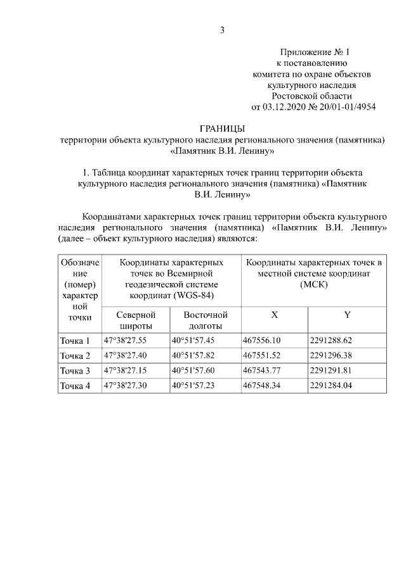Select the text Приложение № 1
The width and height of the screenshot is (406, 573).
(315, 52)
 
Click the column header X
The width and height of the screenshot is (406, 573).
(274, 315)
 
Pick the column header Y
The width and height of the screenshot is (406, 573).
(347, 315)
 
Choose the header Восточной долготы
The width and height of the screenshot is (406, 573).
(205, 320)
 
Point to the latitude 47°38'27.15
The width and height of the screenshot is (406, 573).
(126, 370)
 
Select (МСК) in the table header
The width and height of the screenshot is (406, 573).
(313, 286)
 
